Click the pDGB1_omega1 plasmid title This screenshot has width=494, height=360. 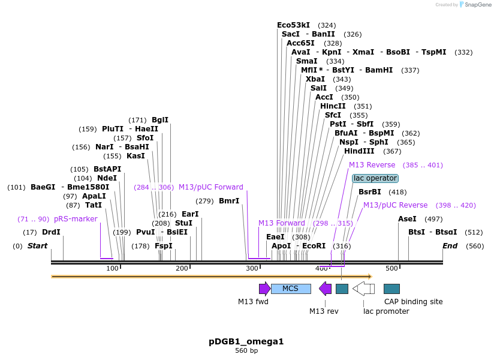pyautogui.click(x=246, y=341)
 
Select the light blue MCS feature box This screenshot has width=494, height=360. pyautogui.click(x=291, y=289)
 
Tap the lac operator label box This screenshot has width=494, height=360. pyautogui.click(x=375, y=178)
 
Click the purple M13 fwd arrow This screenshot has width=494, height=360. pyautogui.click(x=264, y=289)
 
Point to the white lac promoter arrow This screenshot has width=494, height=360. pyautogui.click(x=363, y=289)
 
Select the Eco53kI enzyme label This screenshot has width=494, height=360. pyautogui.click(x=293, y=25)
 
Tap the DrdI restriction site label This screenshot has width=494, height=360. pyautogui.click(x=51, y=232)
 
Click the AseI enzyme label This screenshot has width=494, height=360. pyautogui.click(x=407, y=219)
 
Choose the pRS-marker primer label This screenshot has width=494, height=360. pyautogui.click(x=76, y=219)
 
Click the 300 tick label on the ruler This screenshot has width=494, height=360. pyautogui.click(x=252, y=268)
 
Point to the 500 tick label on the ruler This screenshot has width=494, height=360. pyautogui.click(x=391, y=268)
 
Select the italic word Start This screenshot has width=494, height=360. pyautogui.click(x=37, y=246)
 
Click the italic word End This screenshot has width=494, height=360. pyautogui.click(x=450, y=246)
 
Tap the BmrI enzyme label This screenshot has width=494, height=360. pyautogui.click(x=229, y=201)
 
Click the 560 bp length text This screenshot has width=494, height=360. pyautogui.click(x=246, y=350)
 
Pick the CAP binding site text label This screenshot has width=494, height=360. pyautogui.click(x=413, y=302)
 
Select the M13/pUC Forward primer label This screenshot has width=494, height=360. pyautogui.click(x=211, y=187)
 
